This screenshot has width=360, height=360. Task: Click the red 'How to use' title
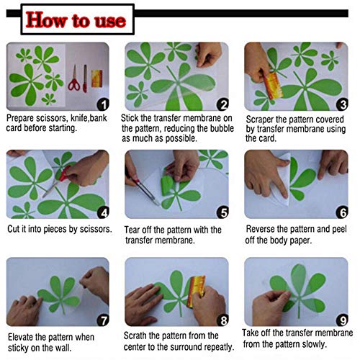click(76, 20)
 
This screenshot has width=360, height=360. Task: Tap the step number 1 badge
click(103, 104)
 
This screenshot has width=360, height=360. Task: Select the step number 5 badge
click(222, 212)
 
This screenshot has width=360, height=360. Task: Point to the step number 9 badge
click(342, 320)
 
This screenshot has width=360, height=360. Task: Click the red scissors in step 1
click(74, 78)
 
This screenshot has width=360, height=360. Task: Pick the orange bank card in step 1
click(97, 78)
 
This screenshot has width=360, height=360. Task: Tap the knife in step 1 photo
click(85, 78)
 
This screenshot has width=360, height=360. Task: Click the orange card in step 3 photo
click(273, 86)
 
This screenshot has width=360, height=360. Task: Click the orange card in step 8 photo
click(196, 291)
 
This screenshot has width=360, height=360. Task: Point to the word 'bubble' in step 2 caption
click(222, 128)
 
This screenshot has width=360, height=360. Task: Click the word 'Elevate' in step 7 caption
click(21, 337)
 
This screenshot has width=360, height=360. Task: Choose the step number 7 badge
click(103, 320)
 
